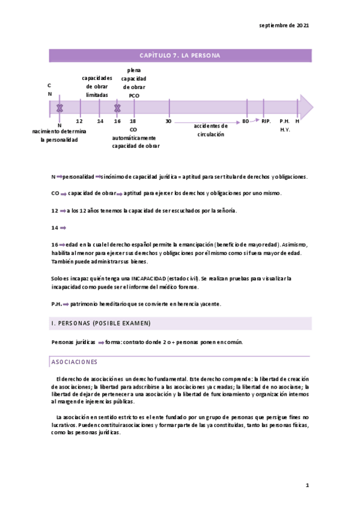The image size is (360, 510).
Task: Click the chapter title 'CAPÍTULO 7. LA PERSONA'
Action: click(x=180, y=55)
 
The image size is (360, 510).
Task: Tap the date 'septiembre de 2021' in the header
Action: click(x=284, y=26)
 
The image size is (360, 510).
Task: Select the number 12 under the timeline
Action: click(x=79, y=121)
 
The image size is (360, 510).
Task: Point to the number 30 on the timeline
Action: click(x=169, y=121)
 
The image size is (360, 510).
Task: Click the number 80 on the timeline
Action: click(x=246, y=121)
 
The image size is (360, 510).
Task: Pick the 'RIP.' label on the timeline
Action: click(x=266, y=121)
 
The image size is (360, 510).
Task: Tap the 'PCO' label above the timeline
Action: click(x=133, y=95)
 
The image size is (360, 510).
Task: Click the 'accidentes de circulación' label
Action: click(x=210, y=130)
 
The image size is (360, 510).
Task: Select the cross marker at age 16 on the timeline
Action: click(x=118, y=108)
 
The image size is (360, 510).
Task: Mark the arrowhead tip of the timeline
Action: click(x=313, y=107)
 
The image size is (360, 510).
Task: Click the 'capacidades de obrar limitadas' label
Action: click(x=97, y=87)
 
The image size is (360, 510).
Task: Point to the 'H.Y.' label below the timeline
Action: click(x=285, y=130)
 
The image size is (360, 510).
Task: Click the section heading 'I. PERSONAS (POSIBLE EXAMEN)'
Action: click(x=100, y=324)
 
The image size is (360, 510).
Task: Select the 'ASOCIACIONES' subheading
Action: click(x=75, y=362)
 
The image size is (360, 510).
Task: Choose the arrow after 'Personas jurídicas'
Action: click(x=101, y=342)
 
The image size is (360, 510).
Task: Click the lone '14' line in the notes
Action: click(x=55, y=228)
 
